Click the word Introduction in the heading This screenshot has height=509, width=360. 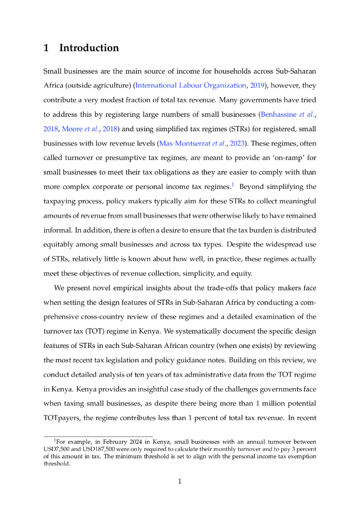click(89, 48)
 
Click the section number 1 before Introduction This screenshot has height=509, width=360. click(46, 48)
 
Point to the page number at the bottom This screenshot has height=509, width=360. click(180, 481)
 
